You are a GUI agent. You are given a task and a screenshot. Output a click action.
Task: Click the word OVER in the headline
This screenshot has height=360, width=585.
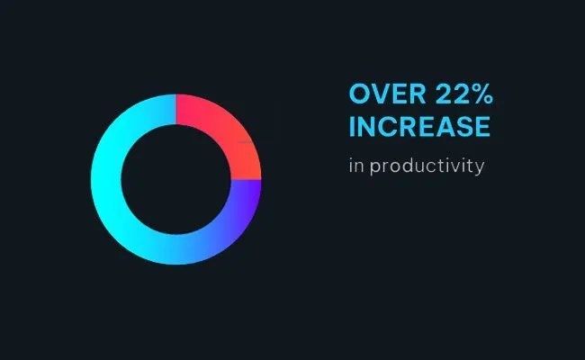pos(387,94)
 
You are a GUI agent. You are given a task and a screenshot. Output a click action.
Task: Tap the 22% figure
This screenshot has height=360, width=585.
pos(463,94)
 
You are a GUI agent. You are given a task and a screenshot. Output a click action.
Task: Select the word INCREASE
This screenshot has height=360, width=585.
pos(419,127)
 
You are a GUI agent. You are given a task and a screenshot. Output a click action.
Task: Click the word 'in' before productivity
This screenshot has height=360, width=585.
pos(356,166)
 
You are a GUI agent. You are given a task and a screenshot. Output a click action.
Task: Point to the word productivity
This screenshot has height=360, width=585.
pos(427,166)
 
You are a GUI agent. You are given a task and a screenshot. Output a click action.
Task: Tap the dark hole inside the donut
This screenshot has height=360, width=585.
pos(175,179)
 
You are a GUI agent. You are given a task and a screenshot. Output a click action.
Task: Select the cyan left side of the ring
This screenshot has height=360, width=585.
pos(106,179)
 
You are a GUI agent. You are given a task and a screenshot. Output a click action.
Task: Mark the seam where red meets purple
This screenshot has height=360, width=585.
pos(246,180)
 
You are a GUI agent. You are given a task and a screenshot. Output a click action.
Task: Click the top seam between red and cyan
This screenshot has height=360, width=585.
pos(176,110)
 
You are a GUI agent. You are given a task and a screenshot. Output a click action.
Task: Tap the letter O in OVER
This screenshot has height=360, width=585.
pos(358,94)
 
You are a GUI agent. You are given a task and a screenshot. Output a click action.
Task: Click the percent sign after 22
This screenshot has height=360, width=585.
pos(482,94)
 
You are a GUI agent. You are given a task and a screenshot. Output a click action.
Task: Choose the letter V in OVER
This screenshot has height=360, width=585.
pos(379,94)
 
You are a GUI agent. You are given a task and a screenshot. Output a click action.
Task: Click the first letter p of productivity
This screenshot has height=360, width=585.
pos(374,167)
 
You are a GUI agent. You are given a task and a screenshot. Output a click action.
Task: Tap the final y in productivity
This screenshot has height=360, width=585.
pos(480,168)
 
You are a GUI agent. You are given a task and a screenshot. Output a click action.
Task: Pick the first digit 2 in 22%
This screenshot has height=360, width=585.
pos(443,94)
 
